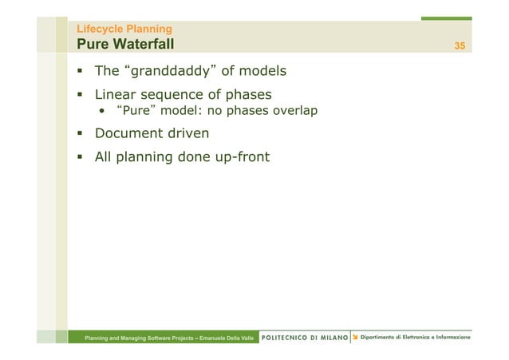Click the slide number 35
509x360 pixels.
coord(460,45)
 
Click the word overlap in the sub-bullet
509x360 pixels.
coord(296,112)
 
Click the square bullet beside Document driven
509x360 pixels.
coord(81,133)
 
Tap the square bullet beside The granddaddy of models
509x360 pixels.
coord(81,73)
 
